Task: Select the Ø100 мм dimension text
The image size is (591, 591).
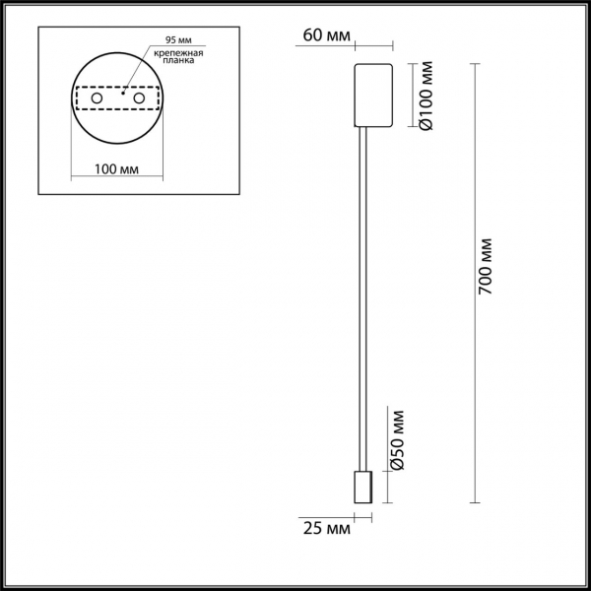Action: point(426,97)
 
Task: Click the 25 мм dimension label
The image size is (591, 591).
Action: point(327,530)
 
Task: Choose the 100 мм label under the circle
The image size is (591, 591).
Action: point(116,168)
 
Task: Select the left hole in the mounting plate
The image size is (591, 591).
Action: point(96,99)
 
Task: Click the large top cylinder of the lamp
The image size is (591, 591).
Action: point(373,97)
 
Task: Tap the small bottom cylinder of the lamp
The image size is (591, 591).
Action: point(363,488)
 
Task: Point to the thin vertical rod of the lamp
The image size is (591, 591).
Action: point(363,295)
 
